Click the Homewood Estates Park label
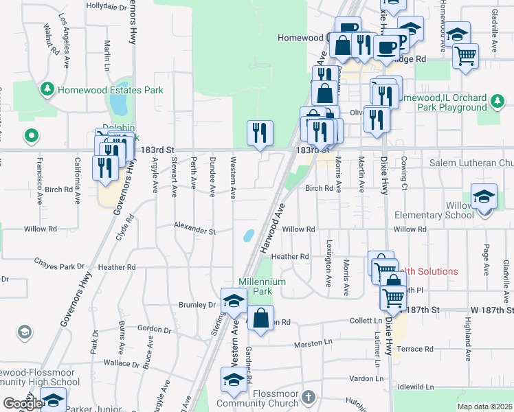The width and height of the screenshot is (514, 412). click(x=111, y=90)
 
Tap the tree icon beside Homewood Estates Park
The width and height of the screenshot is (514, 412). click(x=47, y=89)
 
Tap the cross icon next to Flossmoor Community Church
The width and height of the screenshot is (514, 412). click(x=309, y=398)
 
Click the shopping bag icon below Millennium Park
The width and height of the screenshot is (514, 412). click(x=260, y=319)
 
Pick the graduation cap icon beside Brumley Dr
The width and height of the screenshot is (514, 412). click(x=234, y=301)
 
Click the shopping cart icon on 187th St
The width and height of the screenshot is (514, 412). click(x=393, y=297)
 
